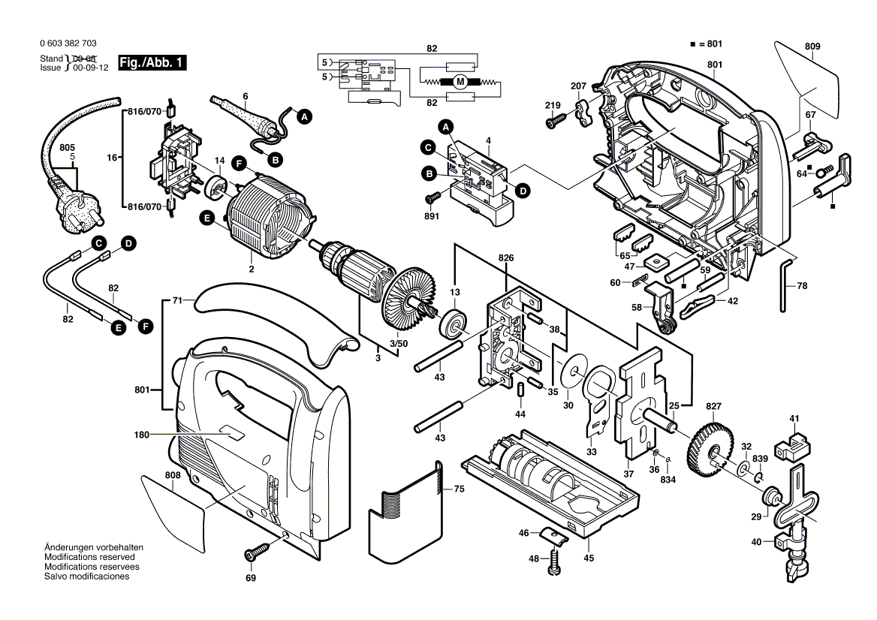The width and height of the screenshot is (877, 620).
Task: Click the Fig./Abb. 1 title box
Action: [x=152, y=63]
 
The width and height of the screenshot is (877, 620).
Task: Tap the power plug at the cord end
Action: [x=75, y=212]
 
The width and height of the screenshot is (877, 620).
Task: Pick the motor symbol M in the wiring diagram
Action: [x=460, y=81]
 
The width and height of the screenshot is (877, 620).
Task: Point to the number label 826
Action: [x=506, y=258]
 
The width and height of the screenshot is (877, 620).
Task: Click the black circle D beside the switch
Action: [x=523, y=191]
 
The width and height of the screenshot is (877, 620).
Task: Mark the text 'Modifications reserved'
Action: [x=89, y=558]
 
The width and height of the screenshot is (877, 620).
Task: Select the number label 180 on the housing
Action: [x=143, y=435]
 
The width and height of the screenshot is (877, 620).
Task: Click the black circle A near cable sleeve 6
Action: [x=303, y=116]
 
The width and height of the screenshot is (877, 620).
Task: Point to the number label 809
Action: [x=812, y=46]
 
